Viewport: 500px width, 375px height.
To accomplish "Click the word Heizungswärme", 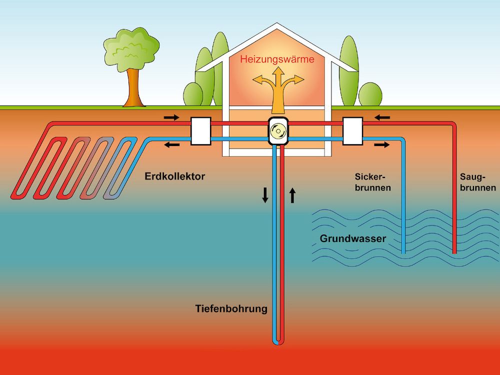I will click(277, 59).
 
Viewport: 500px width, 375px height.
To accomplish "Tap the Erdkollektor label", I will click(175, 176).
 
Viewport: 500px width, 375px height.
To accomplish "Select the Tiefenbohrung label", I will click(231, 308).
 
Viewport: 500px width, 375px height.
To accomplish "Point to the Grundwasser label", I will click(352, 238).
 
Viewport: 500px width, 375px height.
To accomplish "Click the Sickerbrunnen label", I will click(372, 182).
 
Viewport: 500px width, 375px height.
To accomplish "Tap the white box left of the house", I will click(201, 131).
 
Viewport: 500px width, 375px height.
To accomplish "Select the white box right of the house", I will click(352, 131).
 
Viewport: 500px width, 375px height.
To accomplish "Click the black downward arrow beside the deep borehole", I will click(265, 195).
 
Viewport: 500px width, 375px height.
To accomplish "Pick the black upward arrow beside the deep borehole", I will click(292, 195).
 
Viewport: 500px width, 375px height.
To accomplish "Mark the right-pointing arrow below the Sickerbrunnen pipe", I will click(381, 145).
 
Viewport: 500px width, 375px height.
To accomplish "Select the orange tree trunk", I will click(133, 90).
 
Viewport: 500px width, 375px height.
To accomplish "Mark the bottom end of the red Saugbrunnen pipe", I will click(454, 251).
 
